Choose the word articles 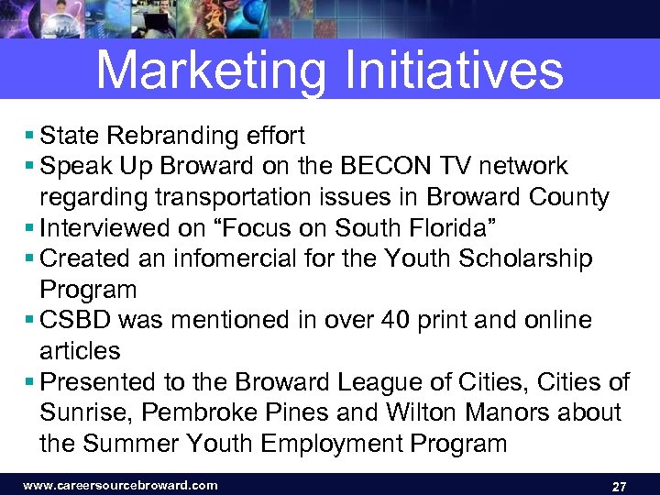80,351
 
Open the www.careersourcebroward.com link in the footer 120,485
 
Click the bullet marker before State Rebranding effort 31,137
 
